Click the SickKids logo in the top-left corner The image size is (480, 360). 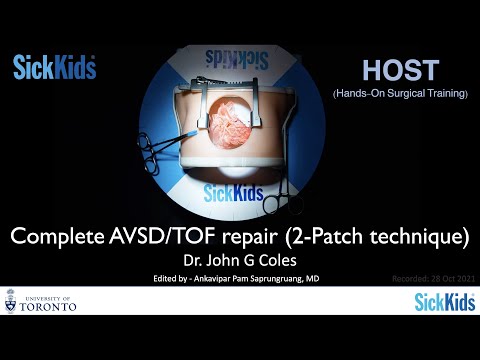point(54,68)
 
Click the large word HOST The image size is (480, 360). point(400,70)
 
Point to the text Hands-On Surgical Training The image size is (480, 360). point(400,93)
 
